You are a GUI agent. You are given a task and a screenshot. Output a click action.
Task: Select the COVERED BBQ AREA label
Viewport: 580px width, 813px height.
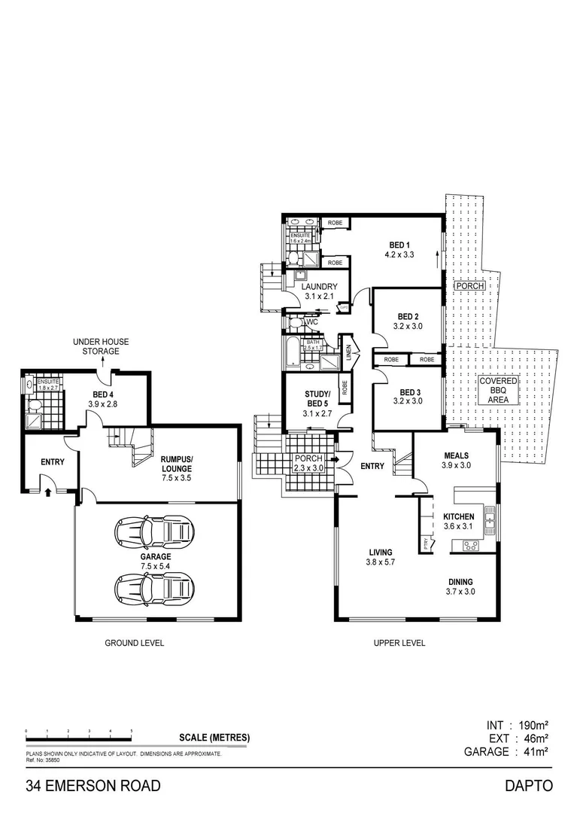(499, 391)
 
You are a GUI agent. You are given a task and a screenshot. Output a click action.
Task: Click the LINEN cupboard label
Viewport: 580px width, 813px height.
(349, 352)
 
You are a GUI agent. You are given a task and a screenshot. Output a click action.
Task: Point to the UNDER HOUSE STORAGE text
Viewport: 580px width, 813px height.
(101, 346)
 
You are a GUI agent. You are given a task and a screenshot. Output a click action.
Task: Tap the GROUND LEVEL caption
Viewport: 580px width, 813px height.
(134, 643)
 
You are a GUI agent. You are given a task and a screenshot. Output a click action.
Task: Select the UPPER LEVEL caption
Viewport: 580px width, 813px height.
(399, 643)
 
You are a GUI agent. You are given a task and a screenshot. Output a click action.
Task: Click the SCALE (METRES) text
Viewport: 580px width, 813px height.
(214, 738)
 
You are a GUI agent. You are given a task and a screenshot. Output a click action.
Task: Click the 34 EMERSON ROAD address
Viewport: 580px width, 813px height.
(94, 786)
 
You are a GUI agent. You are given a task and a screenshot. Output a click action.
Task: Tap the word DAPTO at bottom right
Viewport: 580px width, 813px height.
(529, 786)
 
